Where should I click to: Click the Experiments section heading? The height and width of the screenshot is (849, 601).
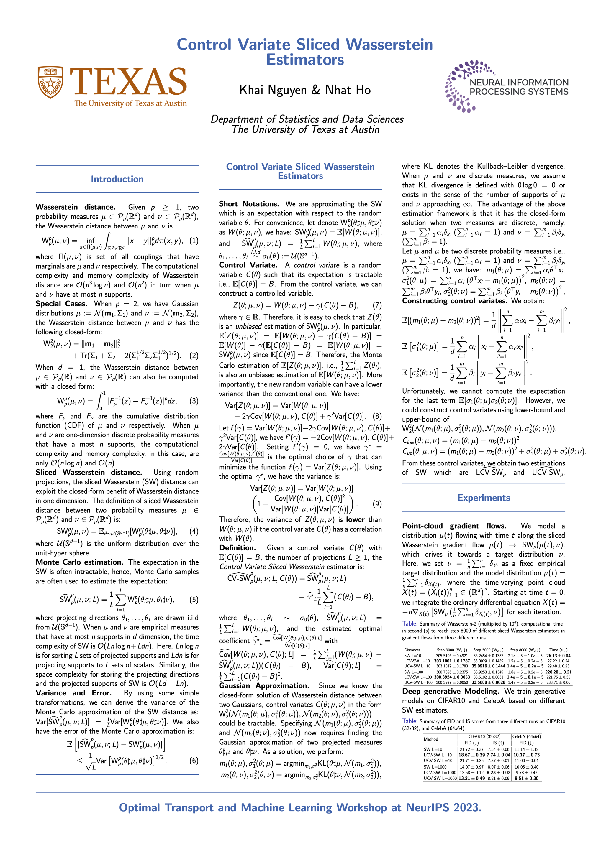[x=483, y=498]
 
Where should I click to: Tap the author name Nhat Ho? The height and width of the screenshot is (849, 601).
[x=348, y=90]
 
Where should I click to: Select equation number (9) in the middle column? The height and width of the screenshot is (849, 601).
[x=377, y=504]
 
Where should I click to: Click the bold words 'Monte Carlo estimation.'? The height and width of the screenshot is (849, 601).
[x=79, y=562]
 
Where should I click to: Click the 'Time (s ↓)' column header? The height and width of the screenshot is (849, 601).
[x=558, y=650]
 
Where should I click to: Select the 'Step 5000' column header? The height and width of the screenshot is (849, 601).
[x=488, y=650]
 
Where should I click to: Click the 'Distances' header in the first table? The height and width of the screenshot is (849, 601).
[x=412, y=650]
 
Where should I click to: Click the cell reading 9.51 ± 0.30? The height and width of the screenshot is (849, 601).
[x=527, y=778]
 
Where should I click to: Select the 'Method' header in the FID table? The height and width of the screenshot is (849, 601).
[x=431, y=739]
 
